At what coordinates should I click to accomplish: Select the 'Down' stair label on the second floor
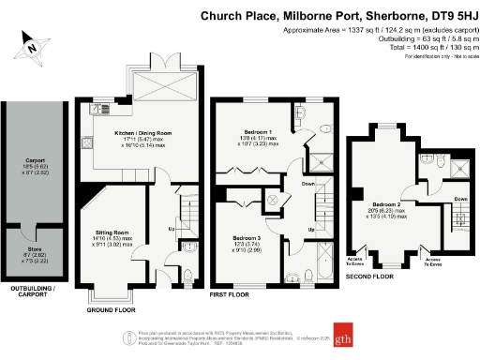click(x=460, y=199)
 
